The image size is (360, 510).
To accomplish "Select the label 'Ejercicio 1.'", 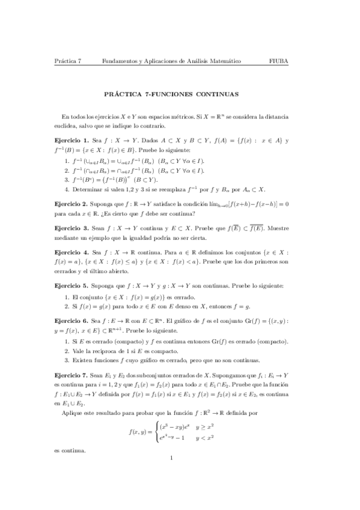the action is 71,140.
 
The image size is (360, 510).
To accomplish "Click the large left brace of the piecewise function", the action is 155,432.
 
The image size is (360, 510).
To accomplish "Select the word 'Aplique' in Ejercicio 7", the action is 73,414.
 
